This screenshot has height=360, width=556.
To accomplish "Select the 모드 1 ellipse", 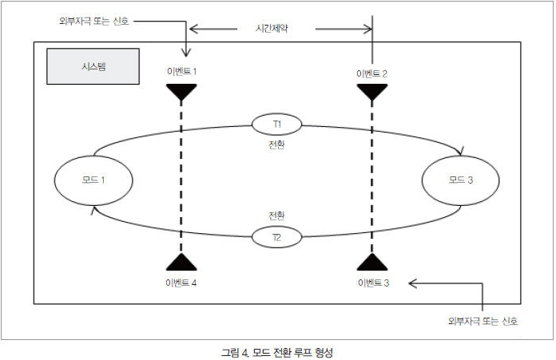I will [x=93, y=180].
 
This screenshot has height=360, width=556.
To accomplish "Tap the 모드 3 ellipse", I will [x=460, y=180].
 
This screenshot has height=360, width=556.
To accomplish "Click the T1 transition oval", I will [x=277, y=124].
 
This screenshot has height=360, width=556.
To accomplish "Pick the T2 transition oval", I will [x=276, y=237].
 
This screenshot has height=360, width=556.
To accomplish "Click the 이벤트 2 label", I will [x=372, y=73].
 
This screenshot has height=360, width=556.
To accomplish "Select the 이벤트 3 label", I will [x=372, y=283].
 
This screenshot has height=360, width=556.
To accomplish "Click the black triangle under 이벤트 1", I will [x=182, y=91].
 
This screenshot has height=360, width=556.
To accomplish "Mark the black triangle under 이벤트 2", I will [x=372, y=91].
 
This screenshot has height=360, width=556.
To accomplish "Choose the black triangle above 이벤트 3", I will [x=372, y=263].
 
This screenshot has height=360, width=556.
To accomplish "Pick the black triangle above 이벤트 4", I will [x=182, y=263].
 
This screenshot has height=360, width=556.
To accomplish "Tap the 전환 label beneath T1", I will [x=277, y=146].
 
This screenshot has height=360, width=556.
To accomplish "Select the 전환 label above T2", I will [x=277, y=216].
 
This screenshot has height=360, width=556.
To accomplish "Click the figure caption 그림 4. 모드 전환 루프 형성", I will [x=277, y=351].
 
